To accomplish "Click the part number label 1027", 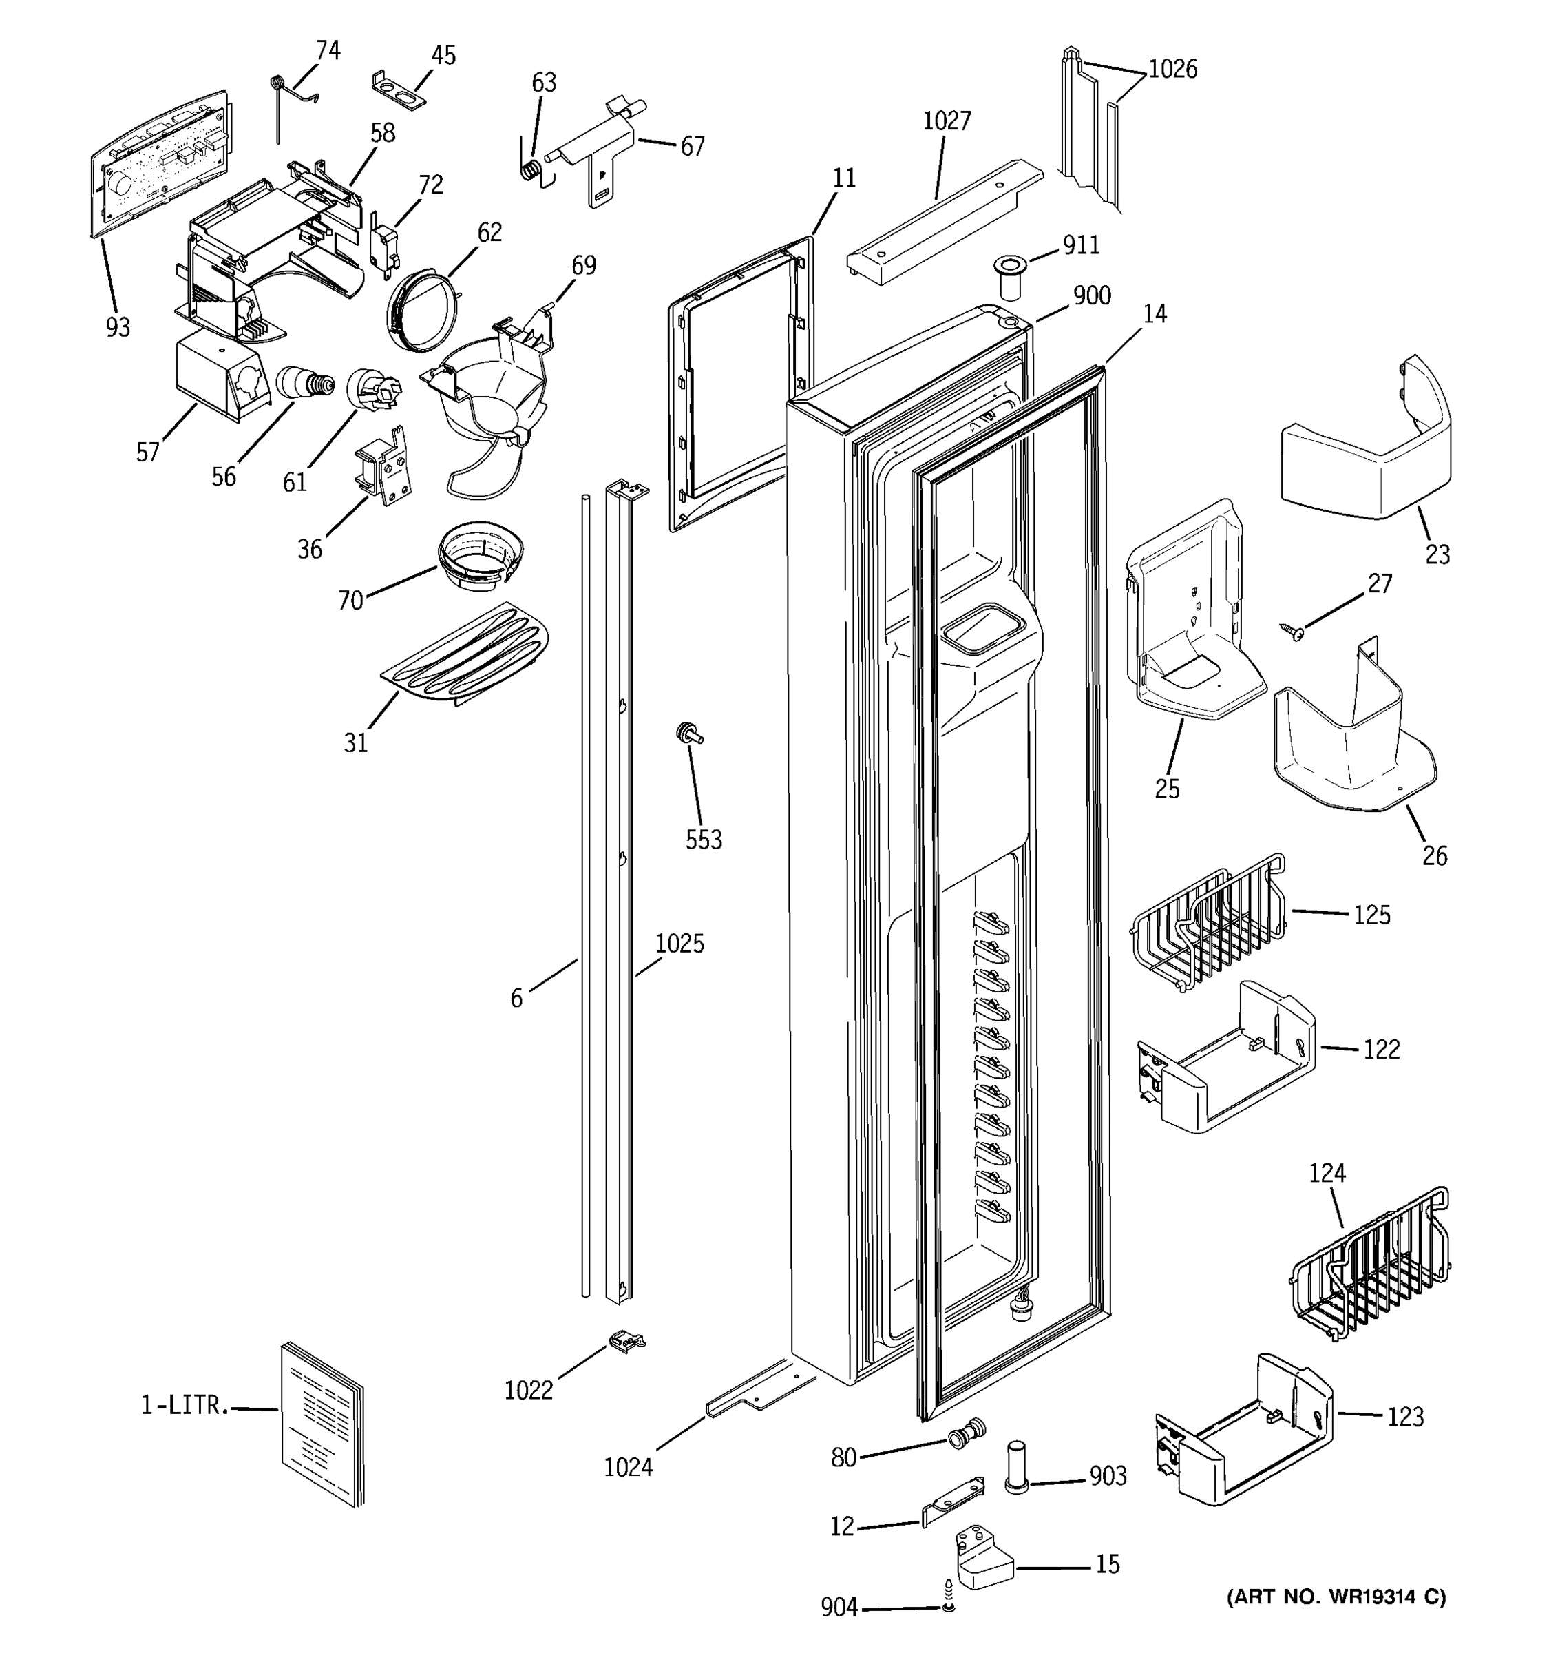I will (x=947, y=121).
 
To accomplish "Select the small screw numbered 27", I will (x=1293, y=633).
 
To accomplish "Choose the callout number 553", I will (x=703, y=840).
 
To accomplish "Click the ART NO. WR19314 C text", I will (x=1336, y=1597).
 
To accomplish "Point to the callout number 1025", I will (x=679, y=944).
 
